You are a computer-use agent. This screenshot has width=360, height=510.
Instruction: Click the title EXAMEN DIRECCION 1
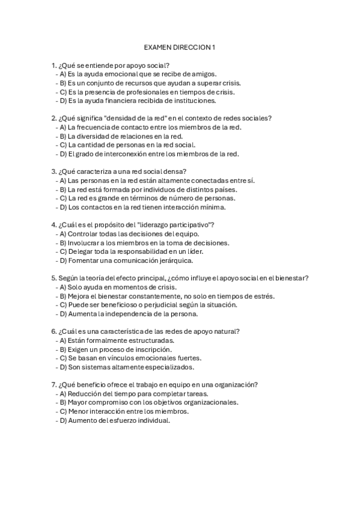pyautogui.click(x=180, y=46)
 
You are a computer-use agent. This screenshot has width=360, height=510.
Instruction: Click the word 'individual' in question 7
pyautogui.click(x=153, y=420)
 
